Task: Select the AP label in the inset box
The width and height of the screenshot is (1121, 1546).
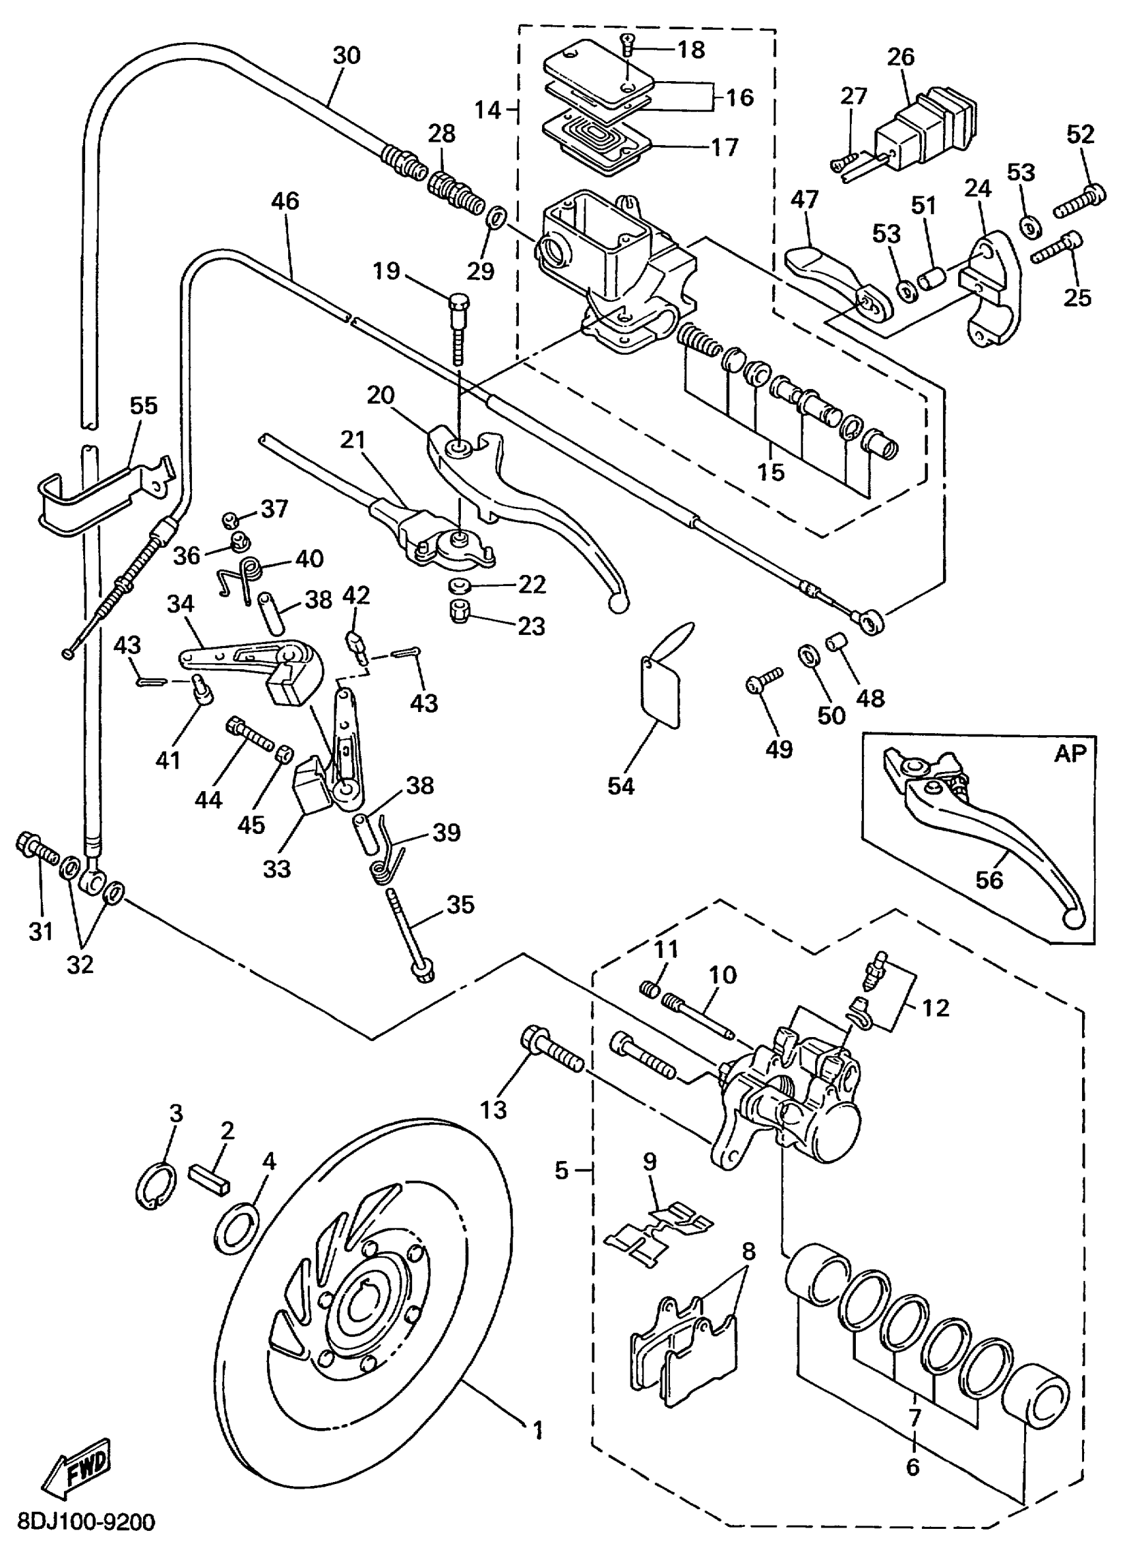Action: pos(1069,754)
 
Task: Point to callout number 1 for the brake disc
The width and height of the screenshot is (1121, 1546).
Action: pos(538,1429)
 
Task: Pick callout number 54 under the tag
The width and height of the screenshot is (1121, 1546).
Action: pos(621,786)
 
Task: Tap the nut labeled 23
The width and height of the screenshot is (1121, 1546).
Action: pos(459,612)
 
